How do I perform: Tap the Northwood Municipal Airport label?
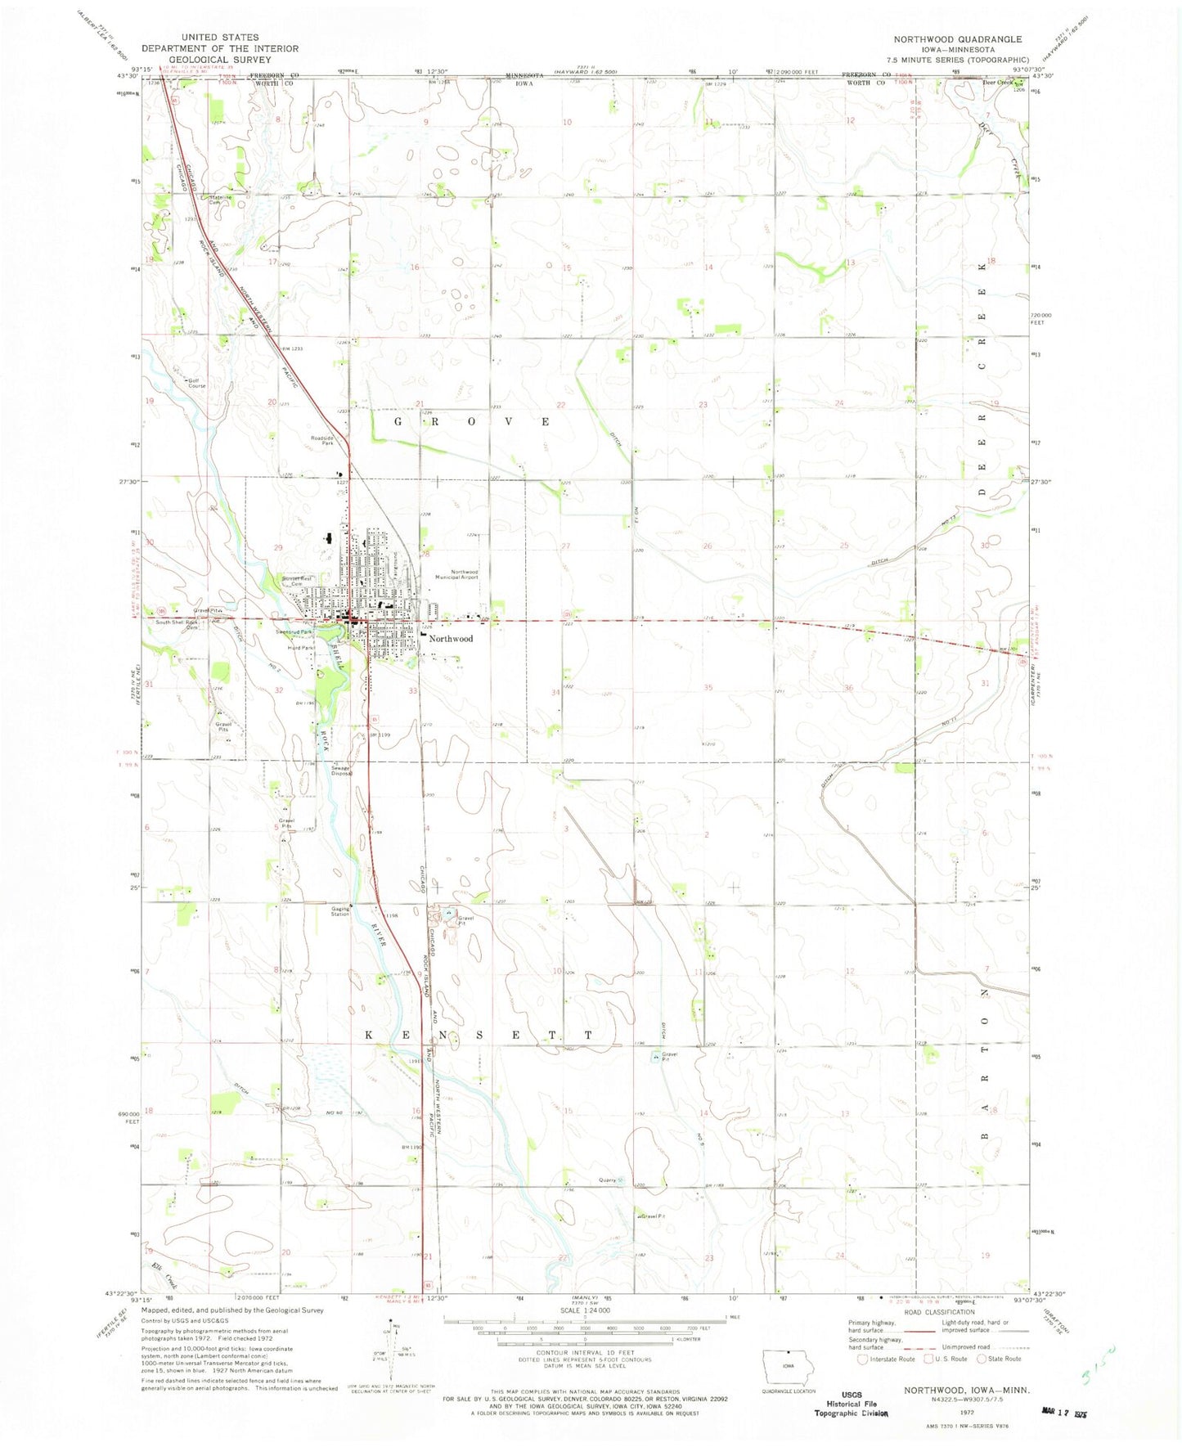point(464,574)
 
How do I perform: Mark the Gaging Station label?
point(339,911)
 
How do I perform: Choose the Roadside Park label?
point(322,440)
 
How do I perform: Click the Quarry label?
point(607,1180)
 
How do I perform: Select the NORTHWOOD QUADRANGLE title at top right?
point(957,39)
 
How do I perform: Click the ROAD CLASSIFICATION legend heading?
point(939,1312)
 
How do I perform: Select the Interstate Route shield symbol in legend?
point(862,1359)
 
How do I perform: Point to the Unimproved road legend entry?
point(969,1346)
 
